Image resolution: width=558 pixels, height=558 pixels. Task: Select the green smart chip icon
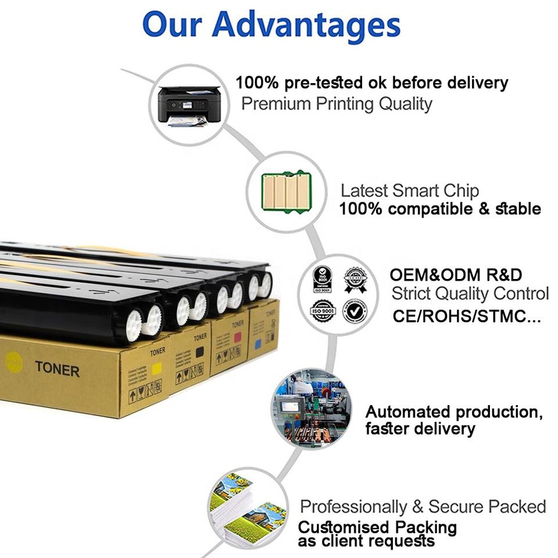pos(287,191)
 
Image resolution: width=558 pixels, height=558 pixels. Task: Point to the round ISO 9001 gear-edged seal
pos(323,311)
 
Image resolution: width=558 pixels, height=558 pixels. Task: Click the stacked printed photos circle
pos(248,510)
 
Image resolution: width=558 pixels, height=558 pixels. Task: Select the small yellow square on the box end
pos(156,368)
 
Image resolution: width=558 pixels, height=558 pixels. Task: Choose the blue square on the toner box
pos(257,345)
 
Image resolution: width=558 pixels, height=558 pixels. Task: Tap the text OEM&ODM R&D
pos(456,275)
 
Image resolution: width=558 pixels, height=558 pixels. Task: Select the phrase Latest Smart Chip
pos(409,191)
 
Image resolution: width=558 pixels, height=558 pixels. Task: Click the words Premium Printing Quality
pos(337,104)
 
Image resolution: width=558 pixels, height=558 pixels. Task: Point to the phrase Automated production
pos(453,412)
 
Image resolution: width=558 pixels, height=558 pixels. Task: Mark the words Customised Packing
pos(377,528)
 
